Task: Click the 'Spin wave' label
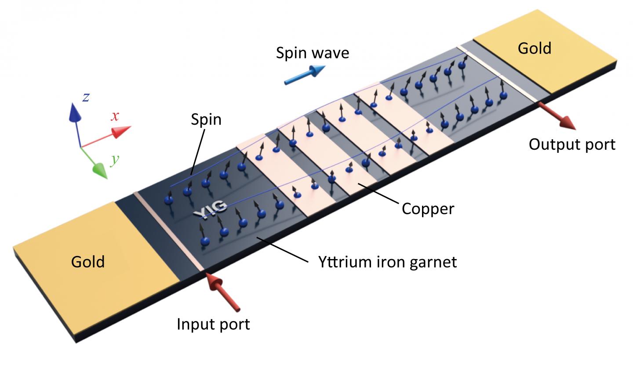click(x=313, y=53)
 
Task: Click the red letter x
click(x=115, y=116)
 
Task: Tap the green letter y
click(x=115, y=159)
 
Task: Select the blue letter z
click(x=86, y=97)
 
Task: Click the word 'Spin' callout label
click(x=206, y=119)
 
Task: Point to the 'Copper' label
click(x=428, y=208)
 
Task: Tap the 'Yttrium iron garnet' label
click(x=387, y=262)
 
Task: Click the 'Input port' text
click(x=213, y=324)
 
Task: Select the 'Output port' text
click(x=572, y=144)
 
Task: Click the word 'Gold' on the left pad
click(x=88, y=262)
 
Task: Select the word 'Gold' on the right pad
click(x=534, y=48)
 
